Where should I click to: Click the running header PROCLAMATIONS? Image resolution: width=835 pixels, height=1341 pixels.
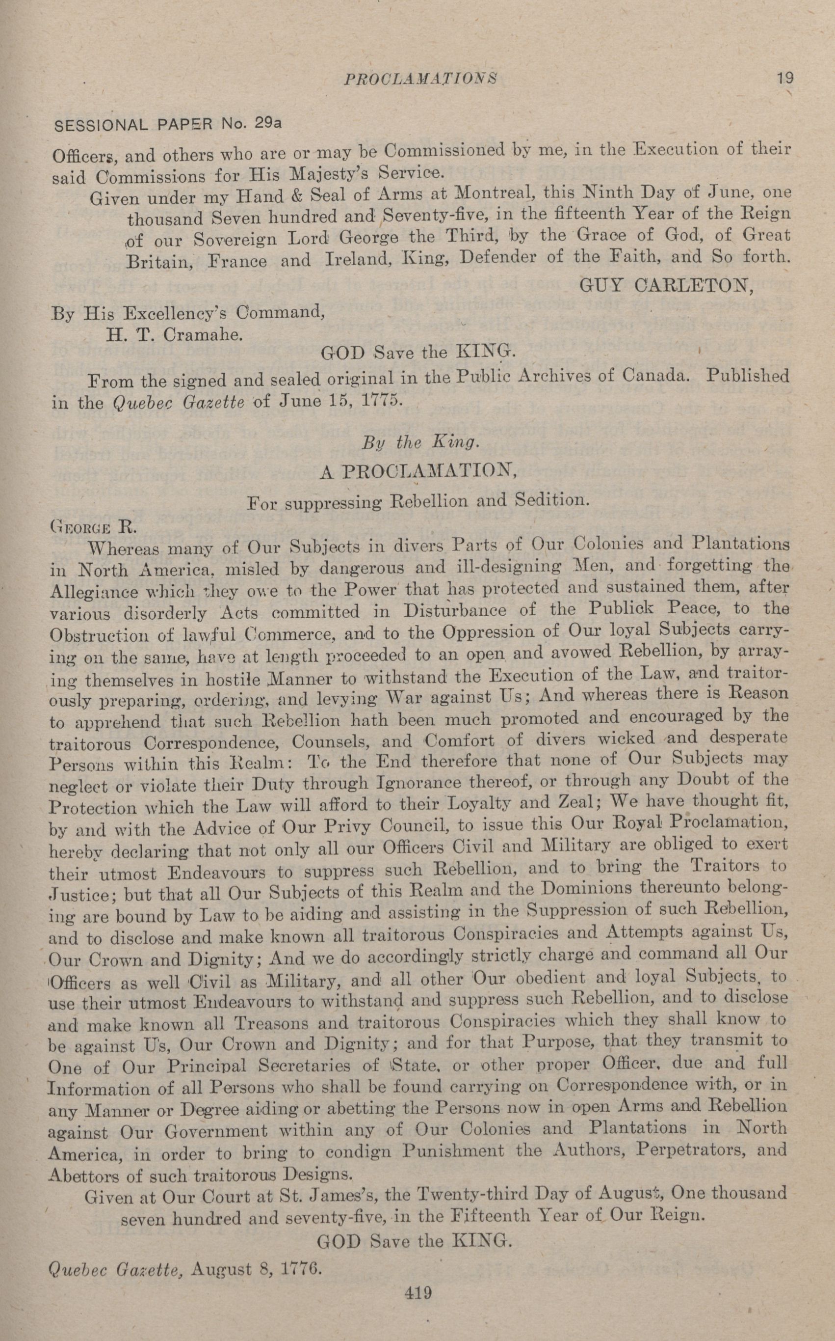[x=420, y=79]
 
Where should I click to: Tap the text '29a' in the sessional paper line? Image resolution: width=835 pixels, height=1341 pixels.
[x=268, y=123]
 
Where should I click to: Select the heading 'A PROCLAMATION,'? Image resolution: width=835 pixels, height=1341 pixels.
[x=418, y=471]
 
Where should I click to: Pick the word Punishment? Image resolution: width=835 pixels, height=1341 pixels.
[x=452, y=1151]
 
